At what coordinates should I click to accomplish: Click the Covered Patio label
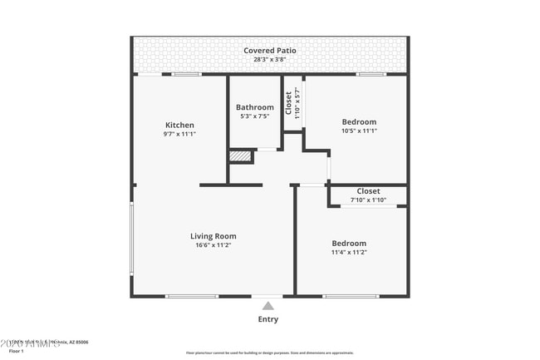(x=269, y=51)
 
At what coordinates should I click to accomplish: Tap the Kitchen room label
(x=179, y=125)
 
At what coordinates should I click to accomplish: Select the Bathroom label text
(x=254, y=107)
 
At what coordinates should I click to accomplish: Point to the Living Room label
(x=214, y=236)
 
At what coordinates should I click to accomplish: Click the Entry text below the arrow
(x=268, y=319)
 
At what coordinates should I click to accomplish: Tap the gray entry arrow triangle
(x=268, y=306)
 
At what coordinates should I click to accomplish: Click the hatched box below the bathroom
(x=240, y=155)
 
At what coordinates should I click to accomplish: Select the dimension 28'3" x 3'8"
(x=269, y=60)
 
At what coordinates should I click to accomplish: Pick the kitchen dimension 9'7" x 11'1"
(x=179, y=134)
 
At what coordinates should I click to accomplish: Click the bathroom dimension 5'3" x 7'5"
(x=254, y=116)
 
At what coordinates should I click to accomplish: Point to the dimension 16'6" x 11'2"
(x=214, y=245)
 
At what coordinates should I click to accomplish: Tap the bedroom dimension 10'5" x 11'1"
(x=359, y=131)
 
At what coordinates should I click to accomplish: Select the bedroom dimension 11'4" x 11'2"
(x=349, y=252)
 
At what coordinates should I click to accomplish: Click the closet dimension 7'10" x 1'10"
(x=368, y=200)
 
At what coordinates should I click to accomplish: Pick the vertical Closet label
(x=288, y=102)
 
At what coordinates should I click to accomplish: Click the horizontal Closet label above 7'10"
(x=368, y=191)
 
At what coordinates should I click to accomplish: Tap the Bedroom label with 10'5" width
(x=359, y=122)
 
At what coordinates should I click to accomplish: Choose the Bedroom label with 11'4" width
(x=349, y=244)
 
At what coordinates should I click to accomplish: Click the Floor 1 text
(x=17, y=352)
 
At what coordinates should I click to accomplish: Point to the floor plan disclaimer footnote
(x=269, y=353)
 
